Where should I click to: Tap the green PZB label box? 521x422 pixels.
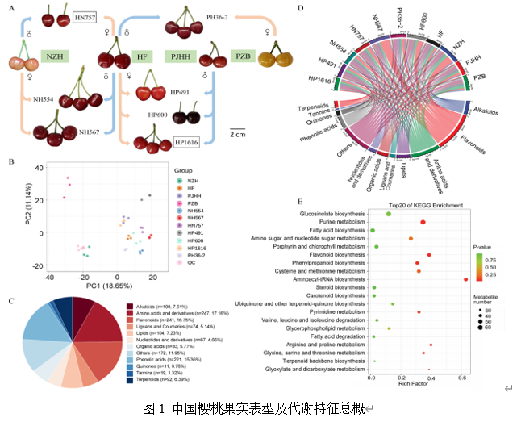(x=241, y=57)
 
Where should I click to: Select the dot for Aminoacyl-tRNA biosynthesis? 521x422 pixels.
(x=466, y=279)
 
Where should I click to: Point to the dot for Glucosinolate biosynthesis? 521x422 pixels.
(x=389, y=214)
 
